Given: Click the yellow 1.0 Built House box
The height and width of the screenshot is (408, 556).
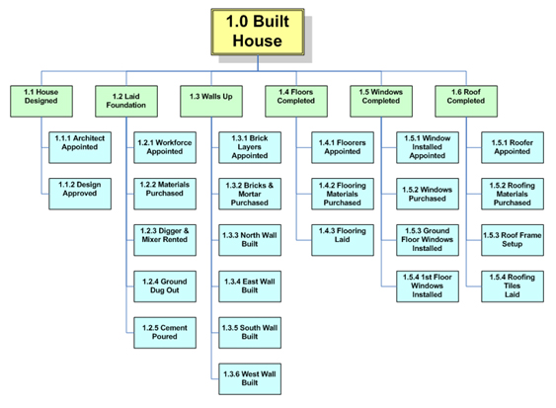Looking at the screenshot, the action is pyautogui.click(x=258, y=32).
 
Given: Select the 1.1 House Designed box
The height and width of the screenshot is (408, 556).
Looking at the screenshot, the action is pyautogui.click(x=41, y=101).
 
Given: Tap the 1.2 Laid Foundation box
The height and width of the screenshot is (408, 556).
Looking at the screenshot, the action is pyautogui.click(x=126, y=101).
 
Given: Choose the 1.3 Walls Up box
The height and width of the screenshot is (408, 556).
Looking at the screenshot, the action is pyautogui.click(x=211, y=101).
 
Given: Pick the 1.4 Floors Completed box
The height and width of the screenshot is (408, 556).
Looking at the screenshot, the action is pyautogui.click(x=296, y=101).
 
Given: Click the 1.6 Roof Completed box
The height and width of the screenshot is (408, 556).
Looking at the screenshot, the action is pyautogui.click(x=466, y=101).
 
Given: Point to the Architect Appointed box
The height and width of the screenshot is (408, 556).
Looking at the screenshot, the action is pyautogui.click(x=80, y=147).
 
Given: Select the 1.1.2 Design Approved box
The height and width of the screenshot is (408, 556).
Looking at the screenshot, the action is pyautogui.click(x=80, y=194).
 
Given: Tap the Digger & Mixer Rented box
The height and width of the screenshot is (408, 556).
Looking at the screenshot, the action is pyautogui.click(x=165, y=240).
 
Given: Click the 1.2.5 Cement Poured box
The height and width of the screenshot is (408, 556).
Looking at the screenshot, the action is pyautogui.click(x=165, y=333).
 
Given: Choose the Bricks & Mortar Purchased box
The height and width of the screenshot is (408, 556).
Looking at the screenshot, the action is pyautogui.click(x=250, y=194).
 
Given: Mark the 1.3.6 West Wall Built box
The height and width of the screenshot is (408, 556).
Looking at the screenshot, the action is pyautogui.click(x=250, y=379).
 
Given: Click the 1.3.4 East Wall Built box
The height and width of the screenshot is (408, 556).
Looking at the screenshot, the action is pyautogui.click(x=250, y=286).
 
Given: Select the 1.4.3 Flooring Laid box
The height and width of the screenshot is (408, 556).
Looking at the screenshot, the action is pyautogui.click(x=343, y=240).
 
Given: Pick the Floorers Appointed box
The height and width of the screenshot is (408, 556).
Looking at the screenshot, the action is pyautogui.click(x=343, y=147).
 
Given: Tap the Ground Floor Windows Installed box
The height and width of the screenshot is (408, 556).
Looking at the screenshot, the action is pyautogui.click(x=428, y=240).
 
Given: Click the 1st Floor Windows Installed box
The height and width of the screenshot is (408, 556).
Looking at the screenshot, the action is pyautogui.click(x=428, y=286).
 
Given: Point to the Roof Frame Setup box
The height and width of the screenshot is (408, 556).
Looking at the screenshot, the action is pyautogui.click(x=513, y=240).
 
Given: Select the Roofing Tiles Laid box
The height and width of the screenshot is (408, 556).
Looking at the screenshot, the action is pyautogui.click(x=513, y=286).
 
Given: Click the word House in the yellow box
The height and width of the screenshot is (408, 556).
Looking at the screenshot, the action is pyautogui.click(x=258, y=41).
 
